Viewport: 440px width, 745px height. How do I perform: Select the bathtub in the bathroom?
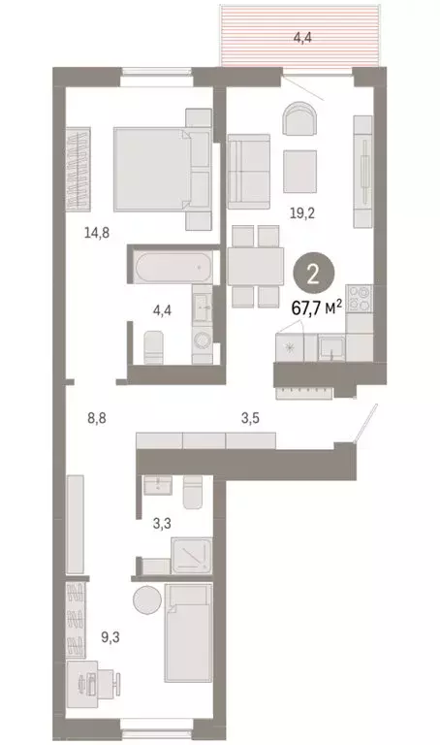point(171,265)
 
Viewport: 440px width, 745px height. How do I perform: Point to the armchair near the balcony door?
point(300,121)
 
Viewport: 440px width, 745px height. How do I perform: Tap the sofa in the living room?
point(249,170)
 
